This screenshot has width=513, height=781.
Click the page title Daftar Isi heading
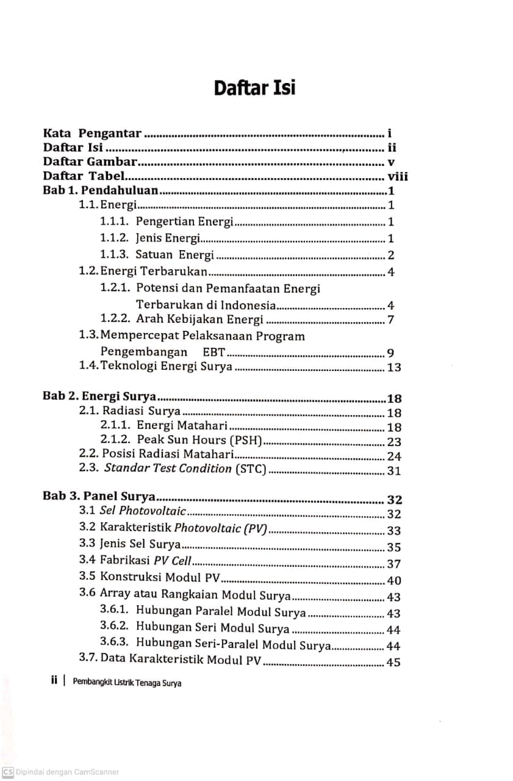point(254,88)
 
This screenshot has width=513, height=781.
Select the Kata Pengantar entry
point(92,133)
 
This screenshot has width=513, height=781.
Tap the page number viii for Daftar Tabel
point(397,177)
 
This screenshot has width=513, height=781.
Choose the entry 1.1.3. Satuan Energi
point(157,255)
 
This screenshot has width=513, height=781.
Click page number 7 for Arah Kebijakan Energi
point(390,320)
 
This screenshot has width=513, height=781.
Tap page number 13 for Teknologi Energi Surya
point(394,367)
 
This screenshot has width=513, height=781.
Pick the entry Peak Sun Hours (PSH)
point(199,440)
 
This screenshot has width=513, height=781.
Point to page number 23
point(394,442)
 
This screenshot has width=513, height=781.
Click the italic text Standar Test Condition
point(168,469)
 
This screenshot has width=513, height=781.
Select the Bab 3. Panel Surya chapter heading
point(98,495)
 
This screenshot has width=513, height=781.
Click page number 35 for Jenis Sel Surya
point(394,547)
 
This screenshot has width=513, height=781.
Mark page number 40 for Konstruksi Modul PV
point(394,581)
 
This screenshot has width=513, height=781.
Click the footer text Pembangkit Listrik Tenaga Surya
point(127,683)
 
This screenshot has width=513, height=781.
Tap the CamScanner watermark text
point(60,772)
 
